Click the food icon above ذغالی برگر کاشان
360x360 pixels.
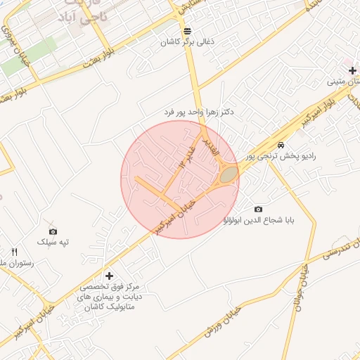(187, 31)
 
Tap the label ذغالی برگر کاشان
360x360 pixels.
(188, 42)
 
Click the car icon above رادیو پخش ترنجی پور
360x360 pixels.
(281, 145)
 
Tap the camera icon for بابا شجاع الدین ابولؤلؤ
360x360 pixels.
(258, 209)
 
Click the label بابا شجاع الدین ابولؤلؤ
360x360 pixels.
(258, 220)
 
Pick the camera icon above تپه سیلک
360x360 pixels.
(53, 231)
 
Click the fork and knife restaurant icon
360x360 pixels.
(14, 252)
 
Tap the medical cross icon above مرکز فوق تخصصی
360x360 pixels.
(108, 276)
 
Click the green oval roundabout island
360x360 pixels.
(226, 174)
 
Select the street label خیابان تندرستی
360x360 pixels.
(339, 250)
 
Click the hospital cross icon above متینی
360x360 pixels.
(352, 70)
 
